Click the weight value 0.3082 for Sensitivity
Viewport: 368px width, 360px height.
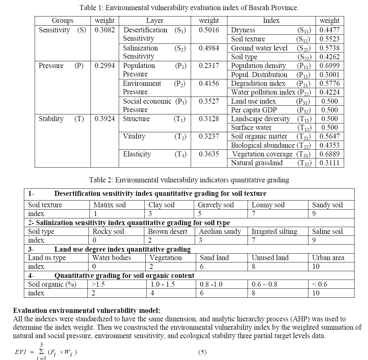pyautogui.click(x=105, y=30)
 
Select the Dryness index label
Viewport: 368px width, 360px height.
pyautogui.click(x=243, y=30)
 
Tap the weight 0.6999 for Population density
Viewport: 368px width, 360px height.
pyautogui.click(x=329, y=66)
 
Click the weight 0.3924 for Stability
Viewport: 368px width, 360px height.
pyautogui.click(x=105, y=119)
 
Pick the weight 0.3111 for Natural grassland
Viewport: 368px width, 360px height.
pyautogui.click(x=329, y=163)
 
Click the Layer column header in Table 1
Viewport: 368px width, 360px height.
pyautogui.click(x=155, y=21)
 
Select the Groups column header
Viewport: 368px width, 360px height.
pyautogui.click(x=63, y=21)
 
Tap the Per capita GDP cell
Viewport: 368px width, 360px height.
pyautogui.click(x=253, y=110)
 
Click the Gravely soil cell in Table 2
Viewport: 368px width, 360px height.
pyautogui.click(x=216, y=205)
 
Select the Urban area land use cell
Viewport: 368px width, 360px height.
pyautogui.click(x=328, y=258)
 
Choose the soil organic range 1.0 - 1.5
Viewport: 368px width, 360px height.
pyautogui.click(x=163, y=284)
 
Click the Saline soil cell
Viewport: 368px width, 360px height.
pyautogui.click(x=327, y=231)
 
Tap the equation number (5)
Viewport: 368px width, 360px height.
pyautogui.click(x=202, y=352)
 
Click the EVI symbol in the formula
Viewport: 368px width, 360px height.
pyautogui.click(x=22, y=352)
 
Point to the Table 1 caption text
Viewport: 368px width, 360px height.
pyautogui.click(x=189, y=7)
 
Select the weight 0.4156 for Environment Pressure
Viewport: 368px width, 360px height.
pyautogui.click(x=209, y=83)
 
